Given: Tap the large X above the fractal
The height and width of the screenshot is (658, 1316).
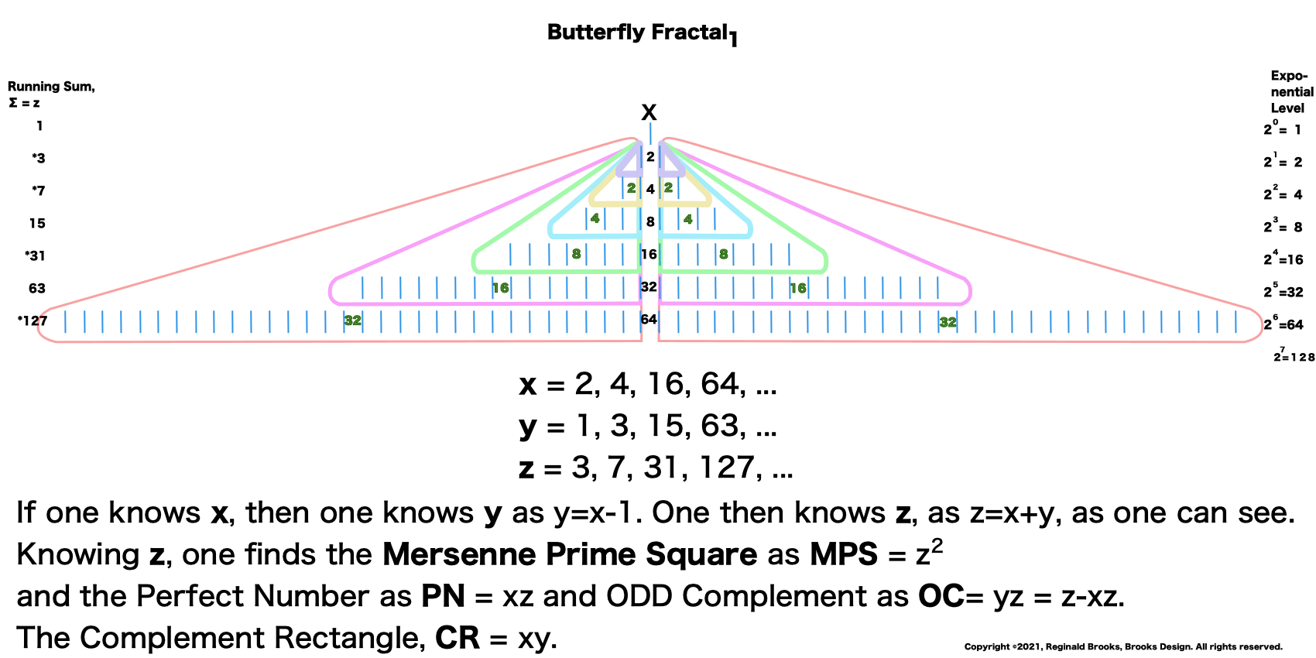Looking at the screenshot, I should pyautogui.click(x=649, y=113).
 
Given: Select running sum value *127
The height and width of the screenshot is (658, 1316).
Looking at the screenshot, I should pyautogui.click(x=33, y=320).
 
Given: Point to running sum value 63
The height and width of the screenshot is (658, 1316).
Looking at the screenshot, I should pyautogui.click(x=37, y=288).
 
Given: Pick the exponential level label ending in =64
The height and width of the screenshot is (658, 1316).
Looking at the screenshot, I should pyautogui.click(x=1283, y=324).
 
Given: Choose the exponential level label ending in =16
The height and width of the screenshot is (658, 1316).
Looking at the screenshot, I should pyautogui.click(x=1283, y=259).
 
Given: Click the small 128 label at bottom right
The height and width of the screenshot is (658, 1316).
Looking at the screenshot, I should pyautogui.click(x=1294, y=357).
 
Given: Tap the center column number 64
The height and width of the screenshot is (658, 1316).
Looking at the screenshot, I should pyautogui.click(x=649, y=319).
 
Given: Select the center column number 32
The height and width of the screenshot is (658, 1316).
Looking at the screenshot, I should pyautogui.click(x=649, y=286).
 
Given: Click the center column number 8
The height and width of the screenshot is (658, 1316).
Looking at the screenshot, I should pyautogui.click(x=650, y=221).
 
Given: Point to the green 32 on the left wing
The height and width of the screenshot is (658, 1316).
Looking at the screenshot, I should pyautogui.click(x=353, y=320).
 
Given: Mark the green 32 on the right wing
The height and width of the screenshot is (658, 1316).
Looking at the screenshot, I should pyautogui.click(x=948, y=322).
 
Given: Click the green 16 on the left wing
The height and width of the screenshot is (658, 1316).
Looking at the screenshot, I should pyautogui.click(x=501, y=288).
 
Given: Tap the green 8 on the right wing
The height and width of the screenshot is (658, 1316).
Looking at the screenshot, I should pyautogui.click(x=723, y=254).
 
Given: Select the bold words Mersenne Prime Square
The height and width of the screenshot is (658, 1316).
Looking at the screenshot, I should pyautogui.click(x=570, y=554).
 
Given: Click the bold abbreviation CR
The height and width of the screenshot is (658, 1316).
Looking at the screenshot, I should pyautogui.click(x=458, y=638).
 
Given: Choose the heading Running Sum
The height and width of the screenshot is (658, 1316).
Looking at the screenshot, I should pyautogui.click(x=51, y=87).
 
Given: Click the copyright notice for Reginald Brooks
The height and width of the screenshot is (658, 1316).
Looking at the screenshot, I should pyautogui.click(x=1123, y=646).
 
